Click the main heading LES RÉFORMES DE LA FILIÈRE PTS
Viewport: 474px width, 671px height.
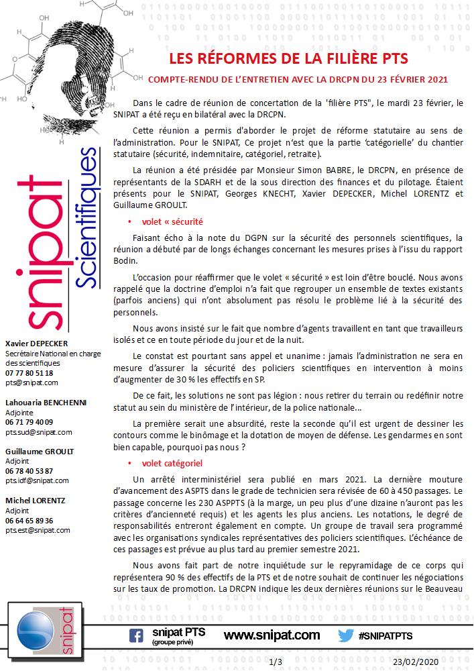pyautogui.click(x=288, y=58)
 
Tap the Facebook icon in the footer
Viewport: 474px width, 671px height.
pyautogui.click(x=136, y=635)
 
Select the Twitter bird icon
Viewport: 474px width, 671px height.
pyautogui.click(x=346, y=635)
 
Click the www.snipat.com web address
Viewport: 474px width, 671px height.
pyautogui.click(x=272, y=635)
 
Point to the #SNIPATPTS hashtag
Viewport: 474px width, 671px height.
pyautogui.click(x=385, y=635)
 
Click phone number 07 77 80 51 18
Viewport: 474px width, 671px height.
pyautogui.click(x=29, y=372)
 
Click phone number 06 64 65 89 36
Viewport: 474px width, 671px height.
pyautogui.click(x=29, y=520)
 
